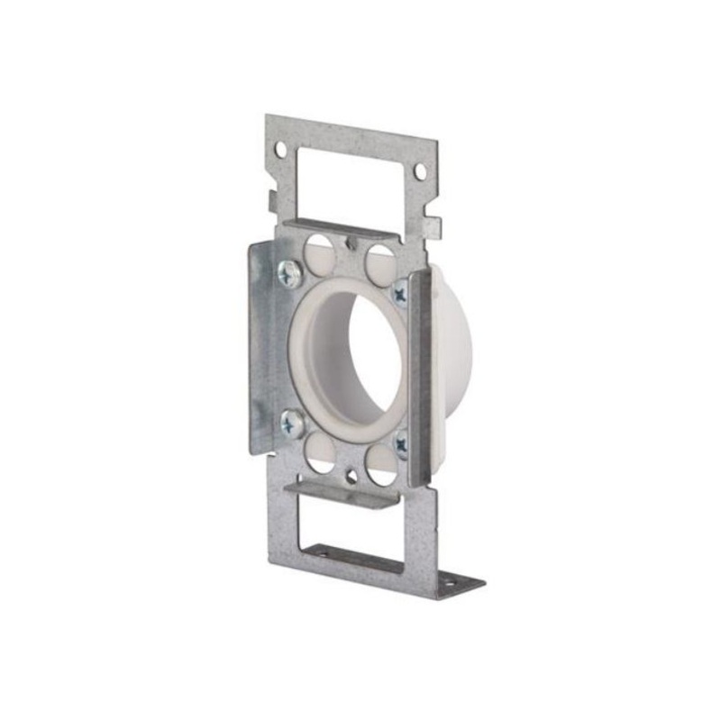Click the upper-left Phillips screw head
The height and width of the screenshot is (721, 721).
click(x=290, y=272)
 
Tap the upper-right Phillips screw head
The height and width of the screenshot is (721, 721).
click(x=399, y=291)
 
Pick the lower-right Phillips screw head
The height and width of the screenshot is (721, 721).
click(x=400, y=443)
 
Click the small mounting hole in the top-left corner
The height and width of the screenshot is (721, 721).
click(x=280, y=148)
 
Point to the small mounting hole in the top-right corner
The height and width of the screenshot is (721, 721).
click(x=420, y=169)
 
